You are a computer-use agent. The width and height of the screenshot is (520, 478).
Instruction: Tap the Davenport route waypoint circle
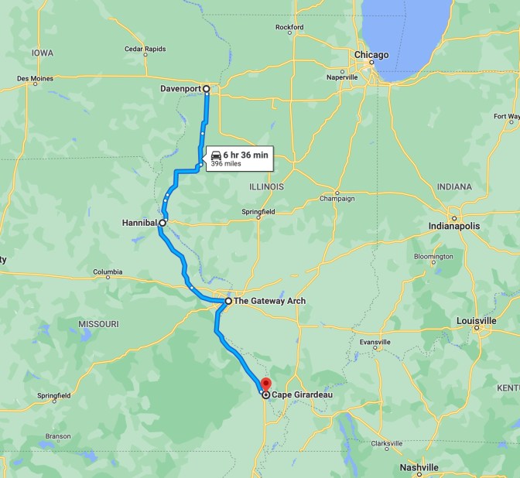click(x=207, y=89)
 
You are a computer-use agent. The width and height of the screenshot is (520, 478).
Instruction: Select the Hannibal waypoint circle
click(x=162, y=223)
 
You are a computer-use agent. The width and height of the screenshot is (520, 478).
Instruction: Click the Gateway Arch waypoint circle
click(x=228, y=301)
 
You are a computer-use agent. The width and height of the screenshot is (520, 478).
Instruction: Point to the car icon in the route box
click(x=216, y=155)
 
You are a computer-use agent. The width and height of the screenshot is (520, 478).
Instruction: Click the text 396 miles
click(x=227, y=164)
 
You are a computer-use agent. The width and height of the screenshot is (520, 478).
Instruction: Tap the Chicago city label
click(x=371, y=55)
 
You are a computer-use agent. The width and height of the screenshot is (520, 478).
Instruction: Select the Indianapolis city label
click(x=454, y=226)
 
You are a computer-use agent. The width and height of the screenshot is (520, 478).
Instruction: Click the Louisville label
click(x=476, y=320)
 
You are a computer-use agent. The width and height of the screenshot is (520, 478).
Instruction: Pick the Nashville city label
click(x=419, y=467)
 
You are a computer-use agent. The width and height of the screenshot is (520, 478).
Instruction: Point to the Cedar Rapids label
click(x=145, y=49)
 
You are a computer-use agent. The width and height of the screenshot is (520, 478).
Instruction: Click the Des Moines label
click(x=35, y=78)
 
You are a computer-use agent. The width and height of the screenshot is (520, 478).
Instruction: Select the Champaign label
click(x=337, y=199)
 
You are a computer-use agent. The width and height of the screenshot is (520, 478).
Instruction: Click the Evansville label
click(x=375, y=342)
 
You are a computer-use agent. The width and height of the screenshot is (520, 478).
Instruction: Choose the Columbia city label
click(x=108, y=272)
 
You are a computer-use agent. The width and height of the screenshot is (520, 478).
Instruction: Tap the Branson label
click(x=57, y=436)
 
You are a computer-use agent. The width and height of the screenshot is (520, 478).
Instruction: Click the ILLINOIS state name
click(x=266, y=187)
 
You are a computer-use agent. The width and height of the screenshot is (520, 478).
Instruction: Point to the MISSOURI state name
click(x=98, y=323)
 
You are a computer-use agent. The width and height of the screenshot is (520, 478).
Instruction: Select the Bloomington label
click(x=433, y=256)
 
